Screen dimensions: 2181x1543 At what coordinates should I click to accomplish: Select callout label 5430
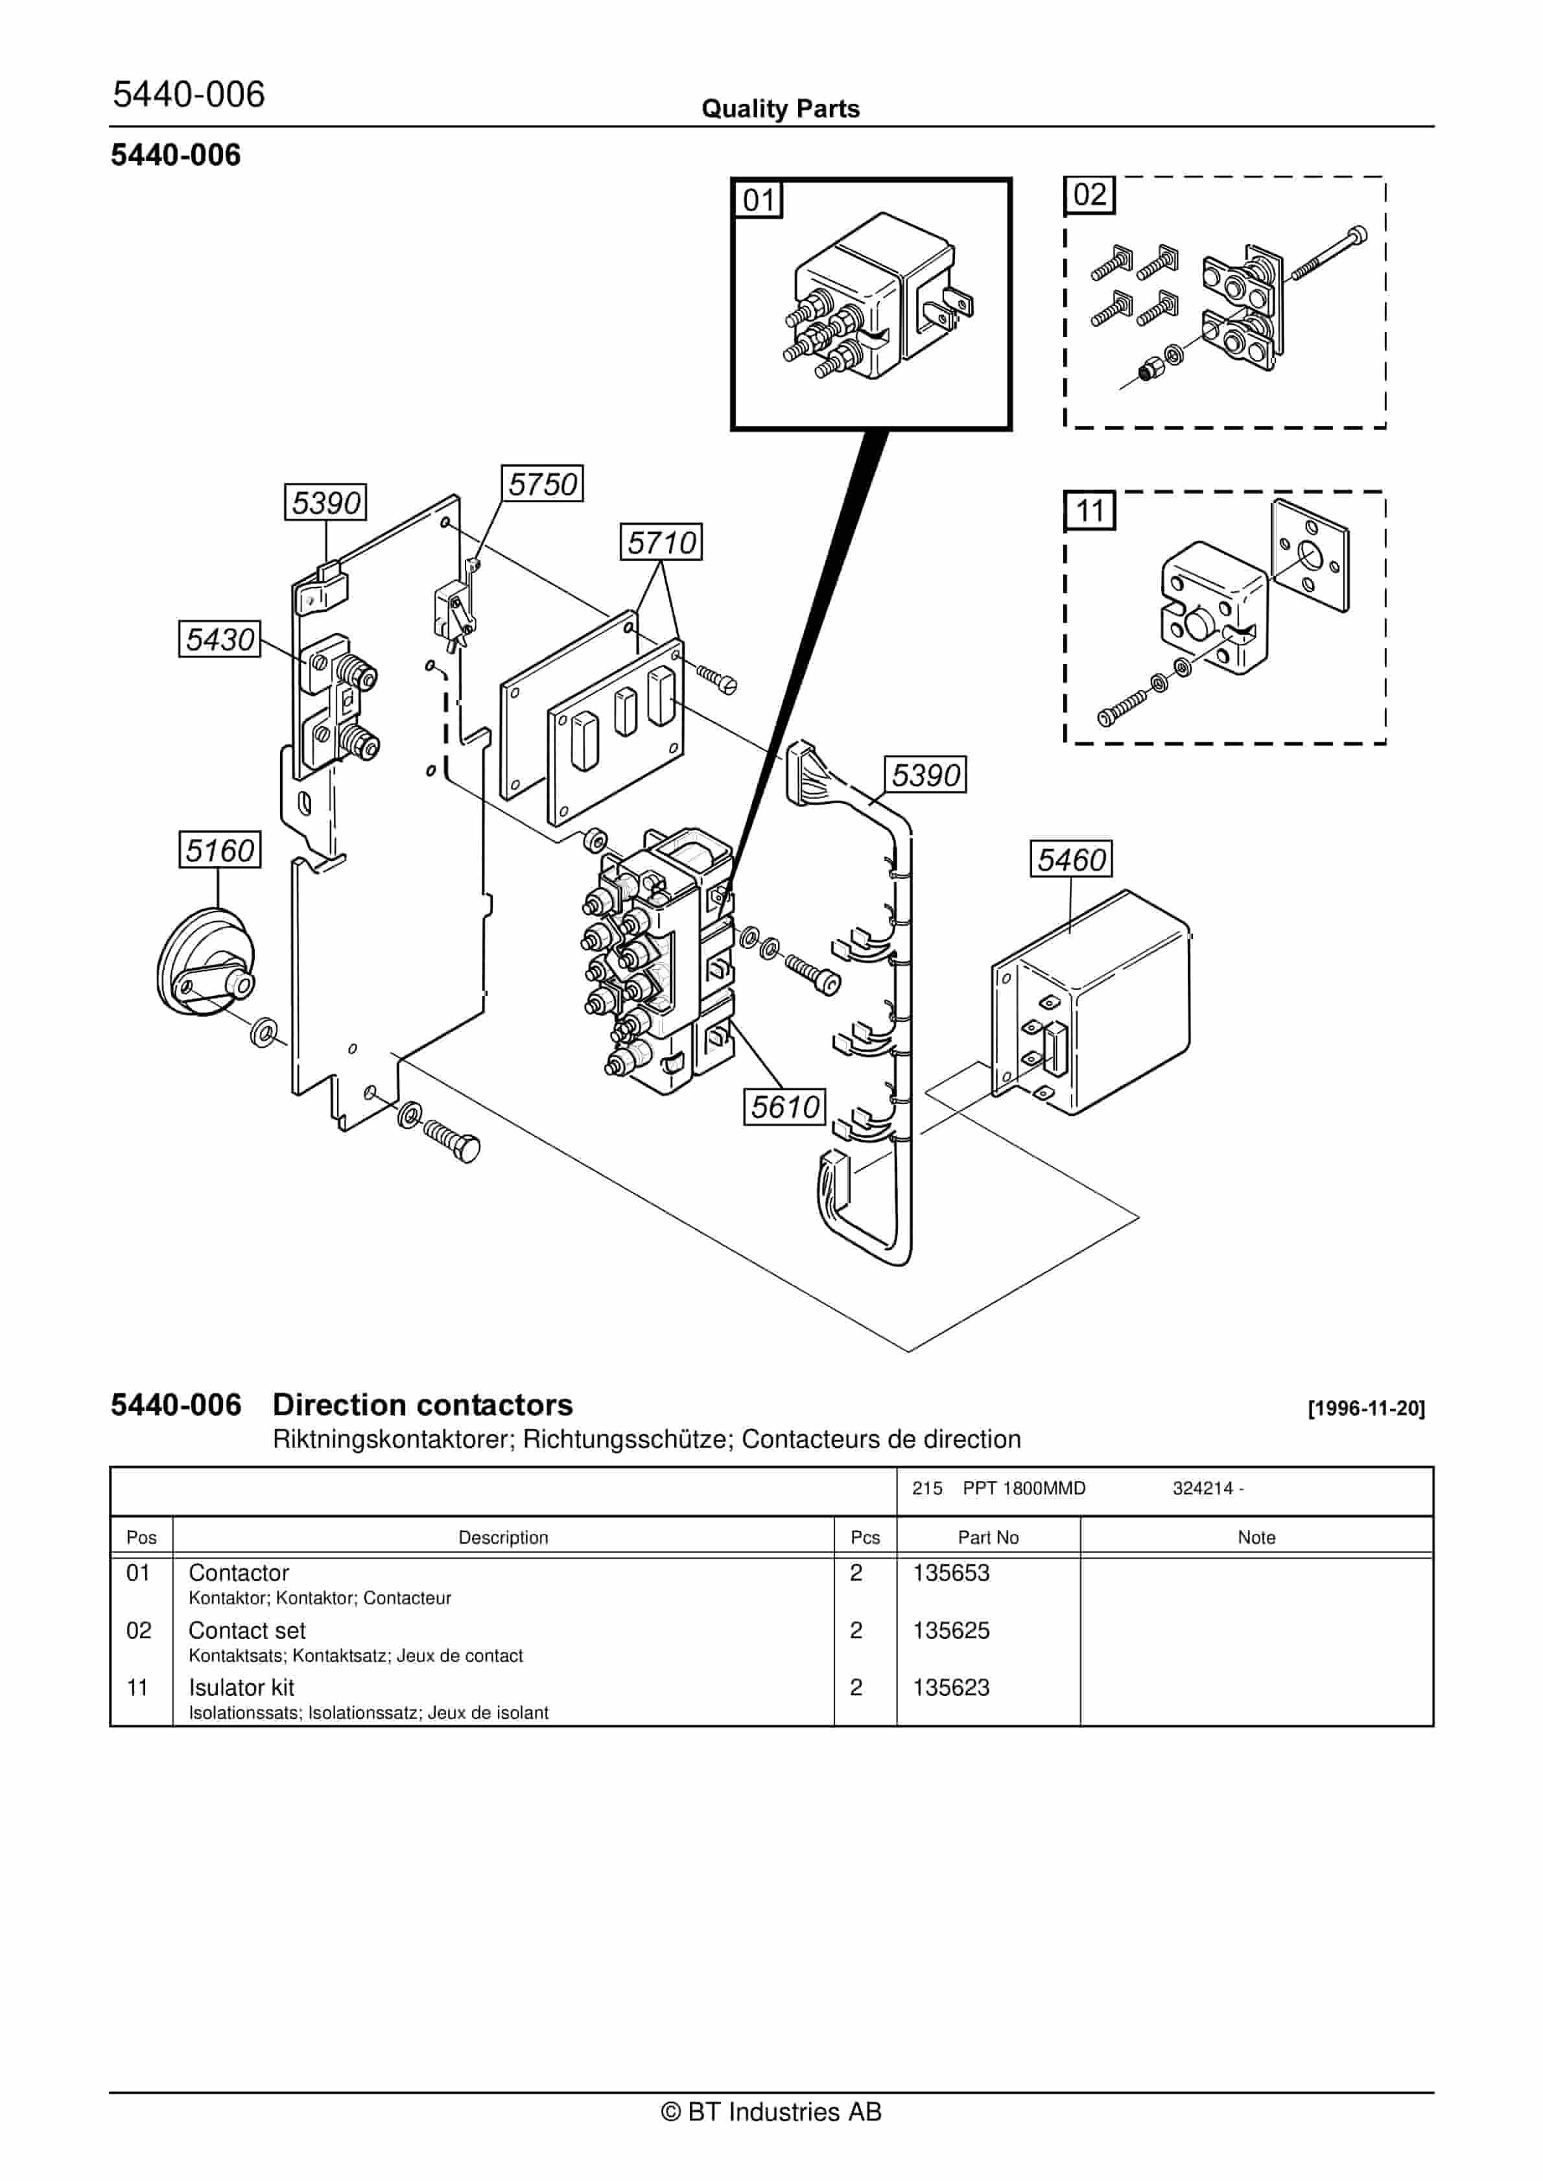220,639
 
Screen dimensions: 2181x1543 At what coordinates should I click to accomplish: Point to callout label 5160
220,849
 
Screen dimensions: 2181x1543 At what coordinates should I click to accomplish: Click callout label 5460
1071,859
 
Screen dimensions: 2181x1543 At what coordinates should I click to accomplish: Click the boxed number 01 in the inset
758,200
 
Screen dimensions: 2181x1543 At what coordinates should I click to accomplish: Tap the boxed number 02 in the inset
1089,195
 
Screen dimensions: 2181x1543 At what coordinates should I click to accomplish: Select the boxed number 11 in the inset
1089,511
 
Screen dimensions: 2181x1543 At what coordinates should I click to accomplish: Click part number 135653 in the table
950,1573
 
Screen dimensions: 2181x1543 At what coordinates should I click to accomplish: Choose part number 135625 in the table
950,1631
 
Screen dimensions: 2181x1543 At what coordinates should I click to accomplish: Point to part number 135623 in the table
950,1688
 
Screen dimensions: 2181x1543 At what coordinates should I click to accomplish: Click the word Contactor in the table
239,1573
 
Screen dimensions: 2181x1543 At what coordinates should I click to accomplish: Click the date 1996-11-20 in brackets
1366,1409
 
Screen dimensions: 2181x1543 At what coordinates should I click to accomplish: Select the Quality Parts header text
780,109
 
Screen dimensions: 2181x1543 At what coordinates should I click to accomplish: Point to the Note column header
1256,1538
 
